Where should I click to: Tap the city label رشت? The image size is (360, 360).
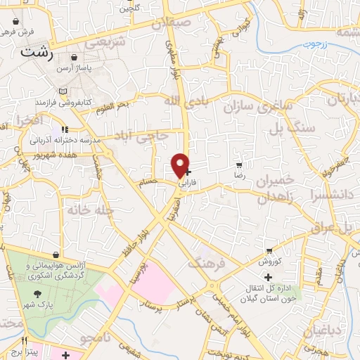tap(37, 52)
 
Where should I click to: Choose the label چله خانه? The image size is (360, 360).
tap(88, 209)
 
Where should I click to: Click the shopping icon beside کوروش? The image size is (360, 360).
tap(269, 251)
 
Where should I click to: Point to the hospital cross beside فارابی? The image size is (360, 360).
tap(187, 171)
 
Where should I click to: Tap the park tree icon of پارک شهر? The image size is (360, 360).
tap(37, 292)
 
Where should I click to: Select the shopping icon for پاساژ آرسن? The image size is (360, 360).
tap(74, 58)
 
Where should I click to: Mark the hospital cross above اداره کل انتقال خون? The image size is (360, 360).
tap(268, 276)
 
